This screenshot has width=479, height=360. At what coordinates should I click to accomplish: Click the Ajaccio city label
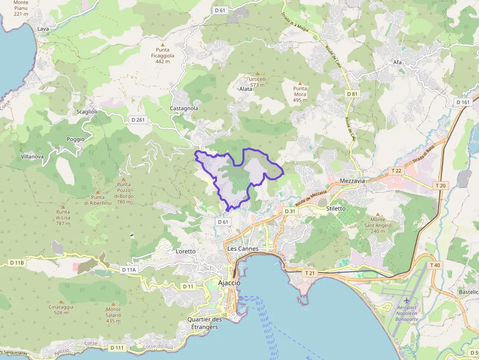tap(229, 283)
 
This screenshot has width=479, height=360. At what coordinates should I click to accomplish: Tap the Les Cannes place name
tap(242, 249)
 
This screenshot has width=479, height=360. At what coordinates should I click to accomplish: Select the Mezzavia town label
tap(352, 181)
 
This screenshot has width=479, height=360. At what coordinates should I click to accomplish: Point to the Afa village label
tap(397, 63)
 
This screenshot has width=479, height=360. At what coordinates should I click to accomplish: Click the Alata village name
tap(246, 89)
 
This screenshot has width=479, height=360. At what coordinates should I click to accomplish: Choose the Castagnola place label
tap(184, 108)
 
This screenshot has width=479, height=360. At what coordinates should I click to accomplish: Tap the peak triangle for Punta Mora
tap(300, 83)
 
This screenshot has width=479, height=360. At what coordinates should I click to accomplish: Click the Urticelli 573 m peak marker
tap(258, 74)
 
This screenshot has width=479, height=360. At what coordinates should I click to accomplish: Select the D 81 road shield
tap(352, 94)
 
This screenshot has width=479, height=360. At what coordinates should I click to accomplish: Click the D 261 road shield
tap(138, 120)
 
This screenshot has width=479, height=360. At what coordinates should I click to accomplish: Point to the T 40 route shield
tap(435, 265)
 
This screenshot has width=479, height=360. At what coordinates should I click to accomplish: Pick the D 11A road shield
tap(129, 270)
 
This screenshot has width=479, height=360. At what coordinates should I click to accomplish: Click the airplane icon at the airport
tap(407, 299)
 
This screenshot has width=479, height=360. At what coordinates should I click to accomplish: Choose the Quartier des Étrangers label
tap(205, 323)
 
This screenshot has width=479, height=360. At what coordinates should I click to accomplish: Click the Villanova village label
tap(32, 157)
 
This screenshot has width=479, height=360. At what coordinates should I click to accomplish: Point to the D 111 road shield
tap(117, 347)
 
